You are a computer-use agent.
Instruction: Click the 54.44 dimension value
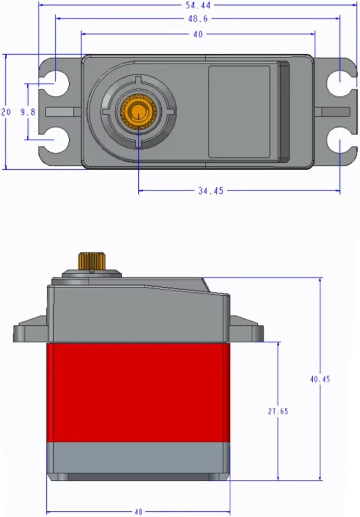[x=198, y=5]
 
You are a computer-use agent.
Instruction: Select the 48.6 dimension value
[x=198, y=19]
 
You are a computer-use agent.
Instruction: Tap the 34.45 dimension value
[x=211, y=191]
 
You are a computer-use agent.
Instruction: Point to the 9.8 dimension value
[x=28, y=112]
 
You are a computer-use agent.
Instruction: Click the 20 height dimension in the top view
[x=6, y=112]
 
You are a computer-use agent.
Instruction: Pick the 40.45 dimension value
[x=320, y=379]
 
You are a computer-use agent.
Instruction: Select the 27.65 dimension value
[x=278, y=411]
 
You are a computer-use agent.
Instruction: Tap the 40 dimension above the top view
[x=198, y=34]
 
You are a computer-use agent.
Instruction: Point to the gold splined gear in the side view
[x=92, y=261]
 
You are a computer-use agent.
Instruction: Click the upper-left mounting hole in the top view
[x=55, y=83]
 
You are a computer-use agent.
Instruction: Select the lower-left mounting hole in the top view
[x=55, y=140]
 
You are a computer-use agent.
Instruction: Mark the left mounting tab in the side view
[x=31, y=329]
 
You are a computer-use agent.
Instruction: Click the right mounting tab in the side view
[x=246, y=329]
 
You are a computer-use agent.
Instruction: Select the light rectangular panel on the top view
[x=239, y=112]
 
